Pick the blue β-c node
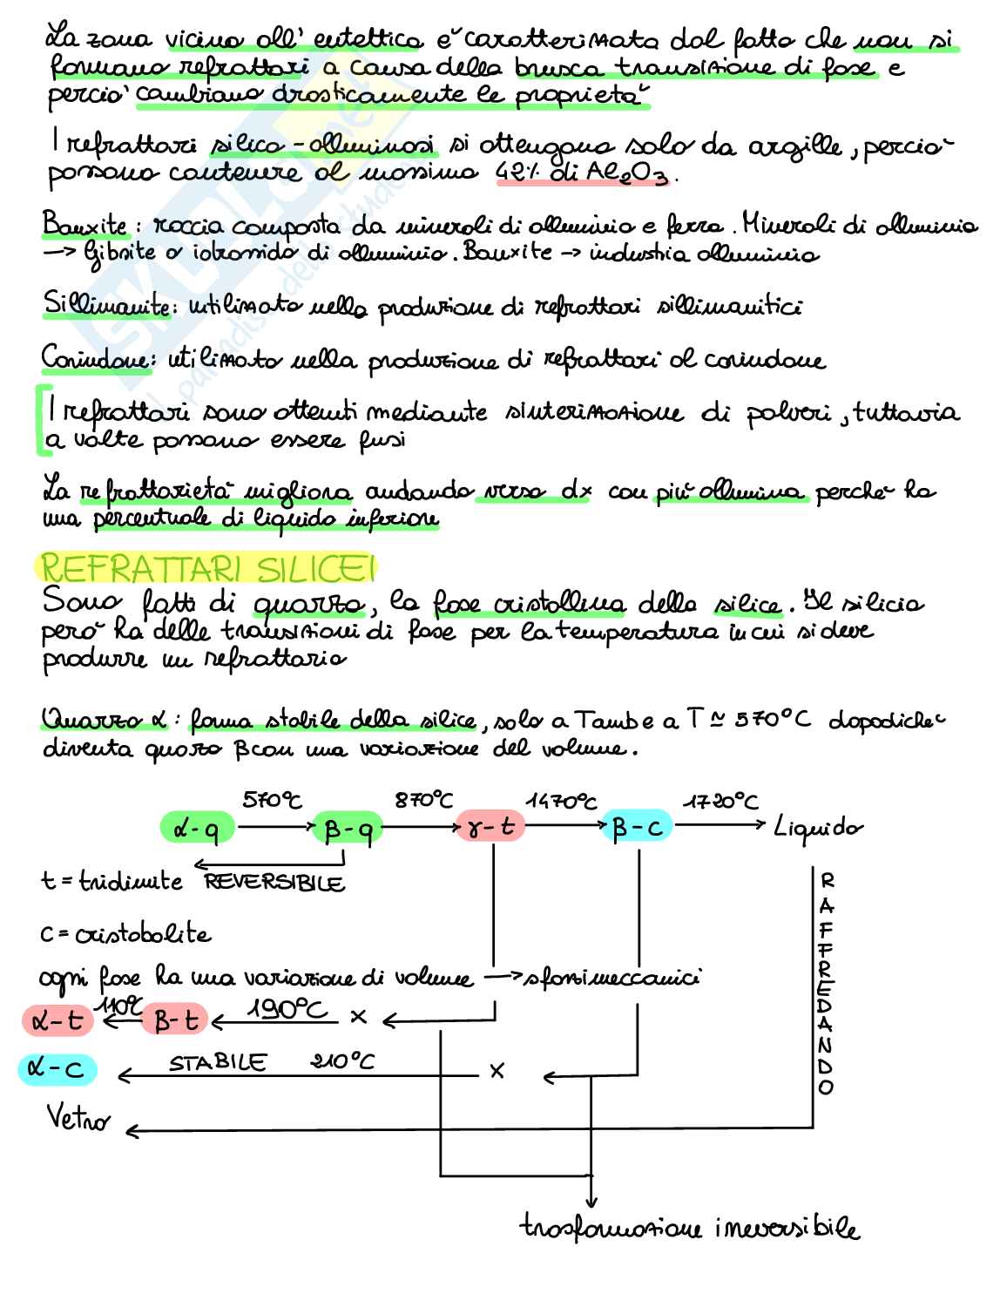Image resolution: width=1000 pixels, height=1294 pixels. (x=638, y=827)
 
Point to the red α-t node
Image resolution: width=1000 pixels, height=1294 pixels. (x=57, y=1020)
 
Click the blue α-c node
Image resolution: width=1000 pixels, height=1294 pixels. (x=57, y=1069)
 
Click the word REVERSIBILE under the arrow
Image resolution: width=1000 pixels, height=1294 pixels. (x=274, y=882)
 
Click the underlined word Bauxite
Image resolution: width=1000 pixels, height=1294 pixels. (x=84, y=227)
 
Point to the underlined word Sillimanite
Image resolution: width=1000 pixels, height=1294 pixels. (x=104, y=306)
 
